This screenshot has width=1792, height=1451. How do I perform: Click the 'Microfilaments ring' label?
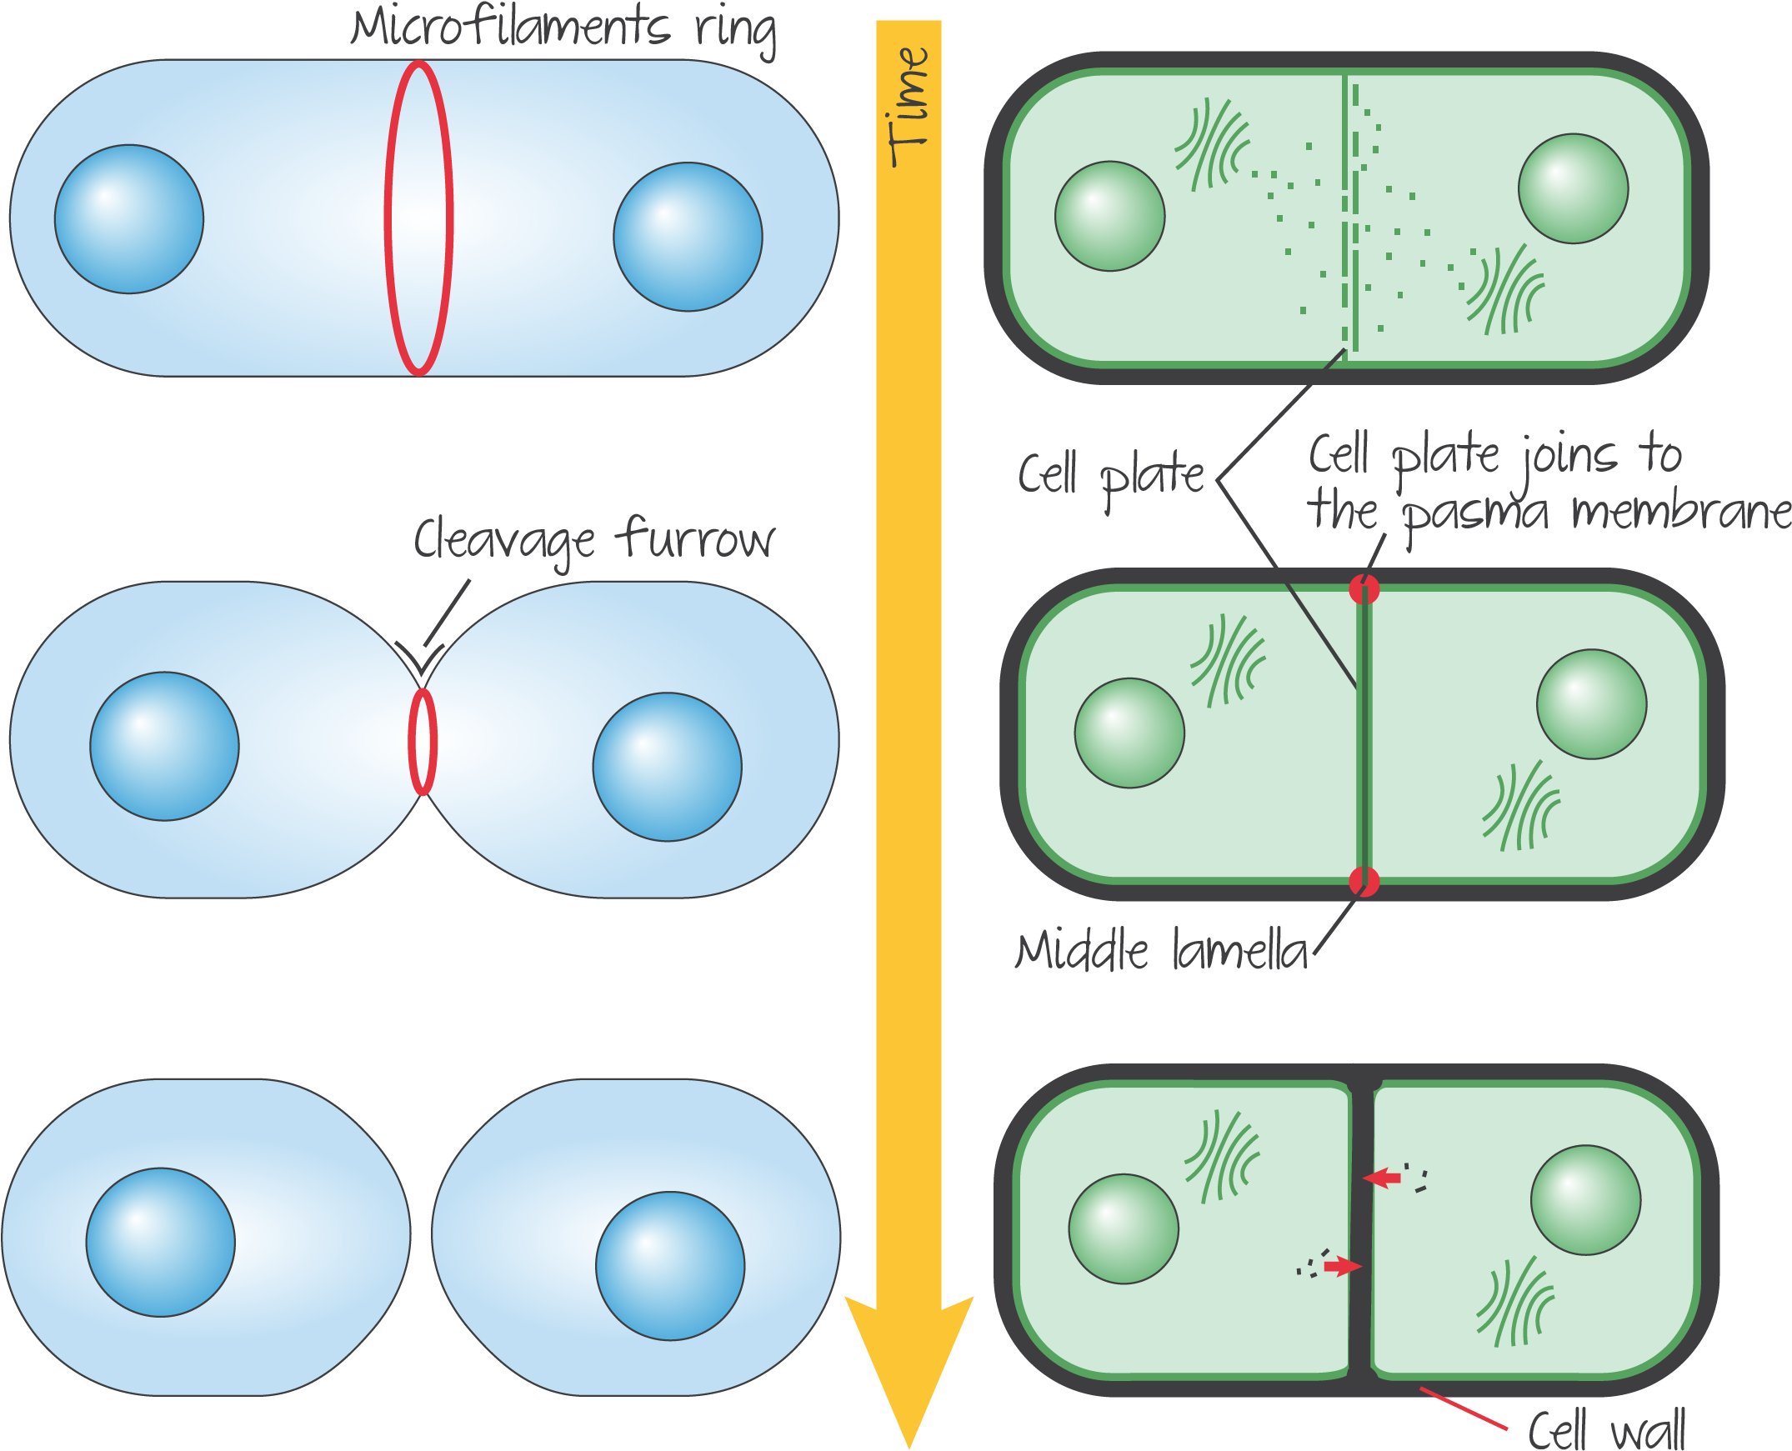[563, 28]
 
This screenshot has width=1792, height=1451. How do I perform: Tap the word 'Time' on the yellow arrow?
[909, 107]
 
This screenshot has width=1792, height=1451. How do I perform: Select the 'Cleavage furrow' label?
[594, 540]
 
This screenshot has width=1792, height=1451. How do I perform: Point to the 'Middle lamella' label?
[1161, 952]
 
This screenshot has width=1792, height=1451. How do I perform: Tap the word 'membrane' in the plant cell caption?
[1680, 512]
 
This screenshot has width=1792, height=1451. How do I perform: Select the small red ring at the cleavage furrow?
[423, 743]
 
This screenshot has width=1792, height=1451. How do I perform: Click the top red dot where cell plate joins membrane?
[1364, 589]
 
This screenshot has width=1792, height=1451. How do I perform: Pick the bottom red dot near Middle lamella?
[1364, 881]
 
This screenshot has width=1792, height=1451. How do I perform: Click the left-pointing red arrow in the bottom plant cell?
[1383, 1178]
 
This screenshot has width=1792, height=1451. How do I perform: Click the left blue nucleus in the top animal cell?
[129, 219]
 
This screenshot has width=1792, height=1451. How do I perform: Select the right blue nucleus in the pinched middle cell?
[667, 767]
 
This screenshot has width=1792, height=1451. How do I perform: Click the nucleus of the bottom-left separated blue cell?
[161, 1242]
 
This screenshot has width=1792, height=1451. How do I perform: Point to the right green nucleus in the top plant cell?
[1573, 189]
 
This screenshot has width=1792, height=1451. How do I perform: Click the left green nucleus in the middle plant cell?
[1129, 733]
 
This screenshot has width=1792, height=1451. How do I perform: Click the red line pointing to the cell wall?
[1463, 1408]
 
